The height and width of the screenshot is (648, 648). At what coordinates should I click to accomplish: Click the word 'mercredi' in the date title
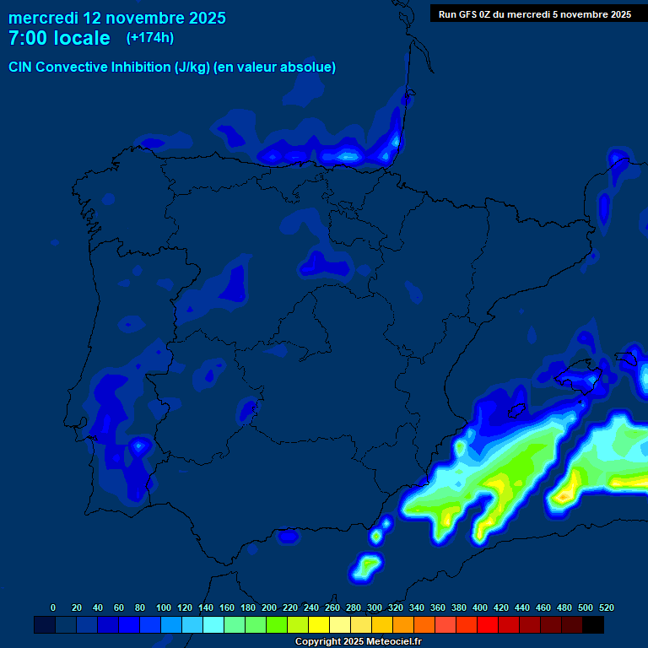point(43,18)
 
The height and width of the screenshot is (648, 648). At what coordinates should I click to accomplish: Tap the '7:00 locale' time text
point(59,38)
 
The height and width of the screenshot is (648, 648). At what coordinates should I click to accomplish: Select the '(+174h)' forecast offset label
point(149,38)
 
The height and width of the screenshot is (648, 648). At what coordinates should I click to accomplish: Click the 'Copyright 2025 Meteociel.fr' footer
point(358,642)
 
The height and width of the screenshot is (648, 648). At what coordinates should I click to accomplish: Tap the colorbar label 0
point(53,607)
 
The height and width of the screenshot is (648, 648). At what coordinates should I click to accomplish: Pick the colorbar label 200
point(269,607)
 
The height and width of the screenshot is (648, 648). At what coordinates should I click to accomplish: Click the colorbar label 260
point(332,607)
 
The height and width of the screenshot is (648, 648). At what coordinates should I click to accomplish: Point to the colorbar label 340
point(417,607)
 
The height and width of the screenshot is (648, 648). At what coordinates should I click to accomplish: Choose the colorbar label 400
point(480,607)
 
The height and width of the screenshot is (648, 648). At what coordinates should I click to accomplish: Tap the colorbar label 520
point(607,607)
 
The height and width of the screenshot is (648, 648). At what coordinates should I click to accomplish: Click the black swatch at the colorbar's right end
point(593,625)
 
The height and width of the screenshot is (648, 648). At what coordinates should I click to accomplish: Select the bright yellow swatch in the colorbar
point(319,625)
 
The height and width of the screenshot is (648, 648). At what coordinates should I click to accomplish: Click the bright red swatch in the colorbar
point(488,625)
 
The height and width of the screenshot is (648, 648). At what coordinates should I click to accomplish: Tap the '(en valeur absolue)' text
point(275,67)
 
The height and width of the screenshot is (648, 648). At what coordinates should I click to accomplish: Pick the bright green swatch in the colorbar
point(277,625)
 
